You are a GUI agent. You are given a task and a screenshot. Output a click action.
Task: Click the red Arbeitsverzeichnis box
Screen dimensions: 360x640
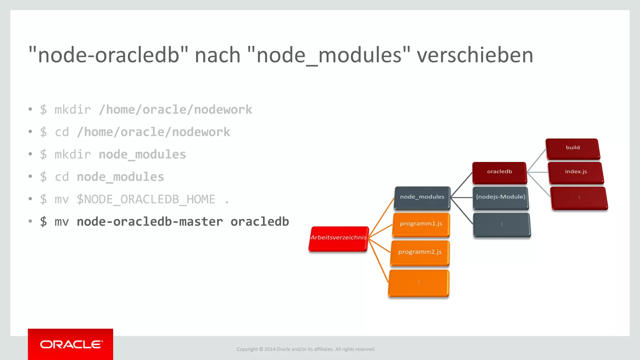click(338, 238)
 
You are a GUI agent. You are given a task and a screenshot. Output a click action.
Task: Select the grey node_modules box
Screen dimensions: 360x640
click(422, 197)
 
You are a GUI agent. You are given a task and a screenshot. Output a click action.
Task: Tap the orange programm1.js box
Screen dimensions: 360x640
click(421, 224)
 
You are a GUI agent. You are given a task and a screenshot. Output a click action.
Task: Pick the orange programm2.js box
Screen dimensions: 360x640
click(420, 252)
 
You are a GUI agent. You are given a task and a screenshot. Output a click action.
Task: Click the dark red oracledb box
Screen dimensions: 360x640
click(499, 172)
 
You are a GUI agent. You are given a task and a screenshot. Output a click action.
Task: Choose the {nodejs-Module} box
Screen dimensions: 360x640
click(501, 197)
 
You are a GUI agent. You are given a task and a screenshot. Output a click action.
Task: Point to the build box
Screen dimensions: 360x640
click(572, 148)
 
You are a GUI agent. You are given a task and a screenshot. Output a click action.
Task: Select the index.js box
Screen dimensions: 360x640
click(576, 172)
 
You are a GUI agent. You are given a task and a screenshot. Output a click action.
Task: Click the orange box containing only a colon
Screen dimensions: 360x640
click(419, 283)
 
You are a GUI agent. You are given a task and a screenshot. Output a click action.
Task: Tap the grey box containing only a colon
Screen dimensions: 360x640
click(502, 224)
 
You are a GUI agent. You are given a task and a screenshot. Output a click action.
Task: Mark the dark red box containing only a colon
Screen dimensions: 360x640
click(579, 198)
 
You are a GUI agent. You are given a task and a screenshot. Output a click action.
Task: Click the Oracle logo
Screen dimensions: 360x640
click(71, 344)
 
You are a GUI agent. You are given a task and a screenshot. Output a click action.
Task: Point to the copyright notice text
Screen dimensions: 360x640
click(306, 349)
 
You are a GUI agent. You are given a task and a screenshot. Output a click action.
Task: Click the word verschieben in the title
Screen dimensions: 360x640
click(475, 55)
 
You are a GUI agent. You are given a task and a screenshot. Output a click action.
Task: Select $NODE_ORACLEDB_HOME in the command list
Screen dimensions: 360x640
click(146, 199)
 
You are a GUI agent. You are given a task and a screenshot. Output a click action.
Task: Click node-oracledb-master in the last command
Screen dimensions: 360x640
click(150, 222)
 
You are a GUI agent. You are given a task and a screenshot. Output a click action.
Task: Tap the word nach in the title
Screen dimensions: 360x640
click(217, 55)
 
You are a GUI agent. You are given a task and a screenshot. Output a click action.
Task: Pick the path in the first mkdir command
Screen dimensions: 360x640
click(175, 110)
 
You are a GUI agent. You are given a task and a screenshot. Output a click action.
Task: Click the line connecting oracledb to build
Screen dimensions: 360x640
click(537, 160)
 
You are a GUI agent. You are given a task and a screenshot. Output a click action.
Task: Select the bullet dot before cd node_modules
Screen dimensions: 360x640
click(30, 177)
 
